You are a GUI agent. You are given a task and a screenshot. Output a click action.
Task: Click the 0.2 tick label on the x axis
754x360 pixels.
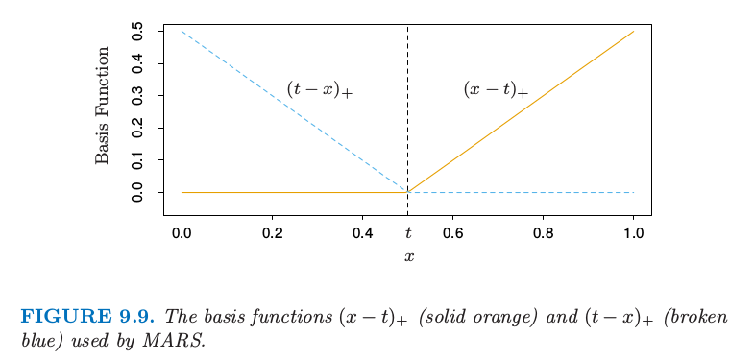point(272,233)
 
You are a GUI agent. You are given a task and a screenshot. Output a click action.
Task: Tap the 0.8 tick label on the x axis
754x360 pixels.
point(544,233)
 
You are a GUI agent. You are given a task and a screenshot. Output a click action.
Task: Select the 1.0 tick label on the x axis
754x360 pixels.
point(634,233)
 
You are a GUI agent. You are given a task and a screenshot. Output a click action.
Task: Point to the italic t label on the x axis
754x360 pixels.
point(408,233)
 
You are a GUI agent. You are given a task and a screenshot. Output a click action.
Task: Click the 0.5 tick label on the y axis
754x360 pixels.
point(138,32)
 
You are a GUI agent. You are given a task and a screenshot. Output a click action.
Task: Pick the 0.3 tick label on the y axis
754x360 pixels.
point(138,96)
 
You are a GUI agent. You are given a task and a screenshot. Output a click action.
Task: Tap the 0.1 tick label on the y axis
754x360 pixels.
point(138,160)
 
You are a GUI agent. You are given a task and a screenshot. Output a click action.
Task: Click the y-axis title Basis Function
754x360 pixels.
point(102,106)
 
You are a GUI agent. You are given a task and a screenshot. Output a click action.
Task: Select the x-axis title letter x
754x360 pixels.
point(409,256)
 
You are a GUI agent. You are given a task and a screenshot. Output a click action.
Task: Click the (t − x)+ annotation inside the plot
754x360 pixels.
point(320,90)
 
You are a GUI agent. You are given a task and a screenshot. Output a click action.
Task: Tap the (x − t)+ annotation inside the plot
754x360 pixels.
point(496,90)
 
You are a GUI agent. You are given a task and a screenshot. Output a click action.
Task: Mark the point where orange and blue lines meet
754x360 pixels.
point(408,192)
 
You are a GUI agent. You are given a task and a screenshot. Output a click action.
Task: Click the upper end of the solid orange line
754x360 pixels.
point(634,32)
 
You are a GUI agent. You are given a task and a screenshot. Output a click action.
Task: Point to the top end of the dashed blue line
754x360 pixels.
point(182,32)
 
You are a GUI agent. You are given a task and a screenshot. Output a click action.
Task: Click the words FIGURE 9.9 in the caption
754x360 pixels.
point(87,317)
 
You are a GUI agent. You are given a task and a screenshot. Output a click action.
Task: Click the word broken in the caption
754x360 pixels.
point(705,317)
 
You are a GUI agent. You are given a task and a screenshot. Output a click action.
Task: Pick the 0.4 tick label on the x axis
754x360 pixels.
point(362,233)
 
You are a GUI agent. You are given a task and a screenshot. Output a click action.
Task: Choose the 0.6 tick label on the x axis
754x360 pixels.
point(453,233)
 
